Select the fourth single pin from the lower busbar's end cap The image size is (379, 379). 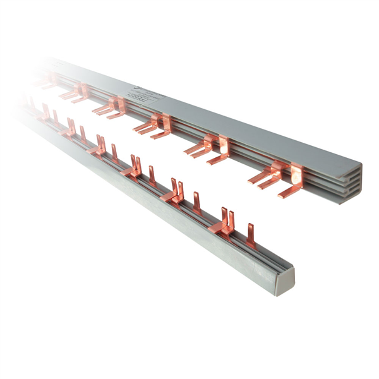115,153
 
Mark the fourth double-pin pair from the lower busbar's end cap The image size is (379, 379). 100,145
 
